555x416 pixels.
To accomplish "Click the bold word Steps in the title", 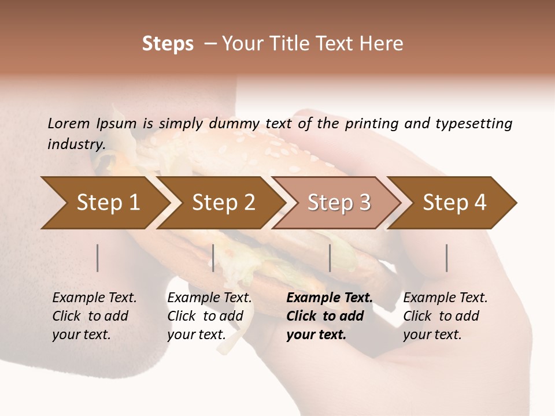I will pyautogui.click(x=168, y=44).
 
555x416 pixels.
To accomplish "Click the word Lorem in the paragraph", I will pyautogui.click(x=68, y=123).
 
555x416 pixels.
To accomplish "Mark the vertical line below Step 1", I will pyautogui.click(x=98, y=258).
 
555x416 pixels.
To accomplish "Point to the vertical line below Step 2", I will pyautogui.click(x=213, y=258).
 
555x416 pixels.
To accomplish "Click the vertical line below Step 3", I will pyautogui.click(x=330, y=258).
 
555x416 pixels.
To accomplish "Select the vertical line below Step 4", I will pyautogui.click(x=446, y=258).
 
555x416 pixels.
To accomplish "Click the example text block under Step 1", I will pyautogui.click(x=94, y=316).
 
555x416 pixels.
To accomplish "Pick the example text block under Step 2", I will pyautogui.click(x=209, y=316).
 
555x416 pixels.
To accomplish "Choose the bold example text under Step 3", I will pyautogui.click(x=329, y=316).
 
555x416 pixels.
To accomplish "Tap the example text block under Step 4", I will pyautogui.click(x=445, y=316).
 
